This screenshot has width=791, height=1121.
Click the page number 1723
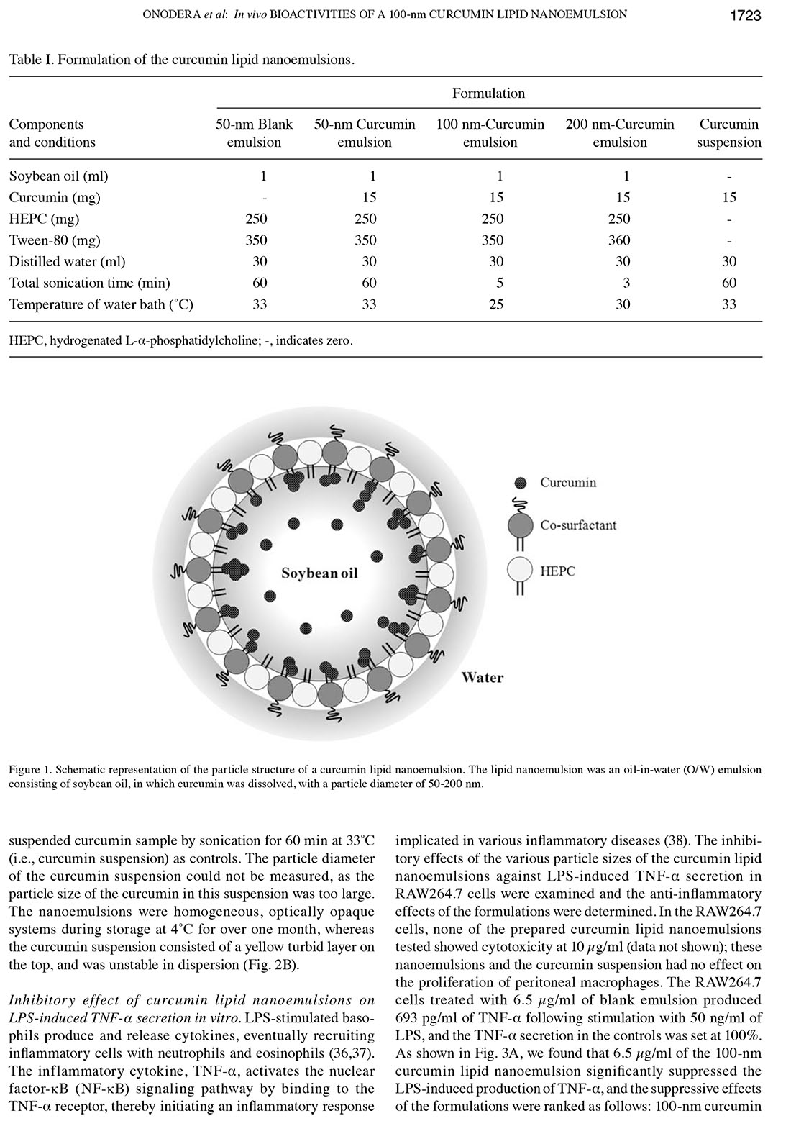point(745,15)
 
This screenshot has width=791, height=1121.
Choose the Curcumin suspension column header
point(729,133)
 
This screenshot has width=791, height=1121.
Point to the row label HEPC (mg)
point(44,219)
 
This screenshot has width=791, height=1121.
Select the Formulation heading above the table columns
point(488,94)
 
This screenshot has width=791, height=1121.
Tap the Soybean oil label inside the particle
point(319,573)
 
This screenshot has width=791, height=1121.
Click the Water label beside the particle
point(482,677)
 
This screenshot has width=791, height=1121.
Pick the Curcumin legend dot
point(521,482)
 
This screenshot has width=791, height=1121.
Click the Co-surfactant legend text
point(578,525)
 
